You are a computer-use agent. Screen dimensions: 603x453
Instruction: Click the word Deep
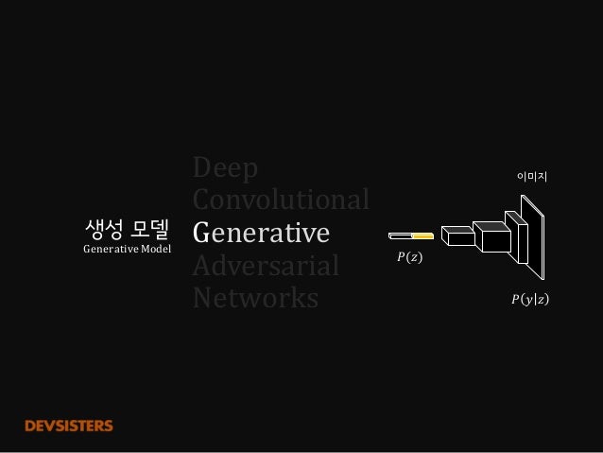tap(225, 169)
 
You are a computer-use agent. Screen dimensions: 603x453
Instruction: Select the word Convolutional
tap(280, 200)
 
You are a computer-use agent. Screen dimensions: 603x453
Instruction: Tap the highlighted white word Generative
tap(260, 233)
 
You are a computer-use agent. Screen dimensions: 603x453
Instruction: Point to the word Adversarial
tap(265, 266)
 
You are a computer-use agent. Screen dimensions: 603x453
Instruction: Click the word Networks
tap(254, 298)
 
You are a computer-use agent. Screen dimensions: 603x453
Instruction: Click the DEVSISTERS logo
tap(69, 426)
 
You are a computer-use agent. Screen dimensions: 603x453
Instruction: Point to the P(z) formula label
tap(409, 256)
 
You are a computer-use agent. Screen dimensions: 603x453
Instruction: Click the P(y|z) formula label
tap(529, 300)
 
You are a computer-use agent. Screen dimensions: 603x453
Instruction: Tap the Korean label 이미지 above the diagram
tap(533, 175)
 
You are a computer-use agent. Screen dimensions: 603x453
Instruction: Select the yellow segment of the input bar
tap(422, 235)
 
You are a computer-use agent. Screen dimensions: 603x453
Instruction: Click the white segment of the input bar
tap(400, 235)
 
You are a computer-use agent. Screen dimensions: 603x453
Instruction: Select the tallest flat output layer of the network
tap(534, 236)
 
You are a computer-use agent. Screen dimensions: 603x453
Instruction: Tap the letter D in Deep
tap(201, 169)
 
